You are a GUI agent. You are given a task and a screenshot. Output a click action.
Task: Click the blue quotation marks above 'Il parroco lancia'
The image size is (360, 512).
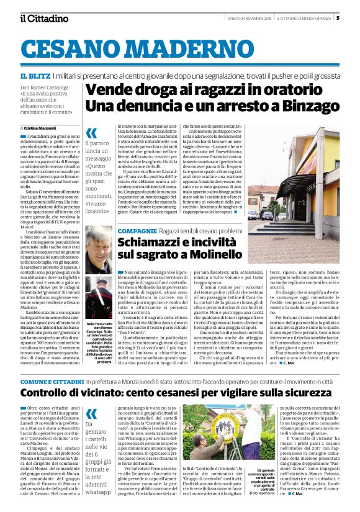[x=91, y=133]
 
